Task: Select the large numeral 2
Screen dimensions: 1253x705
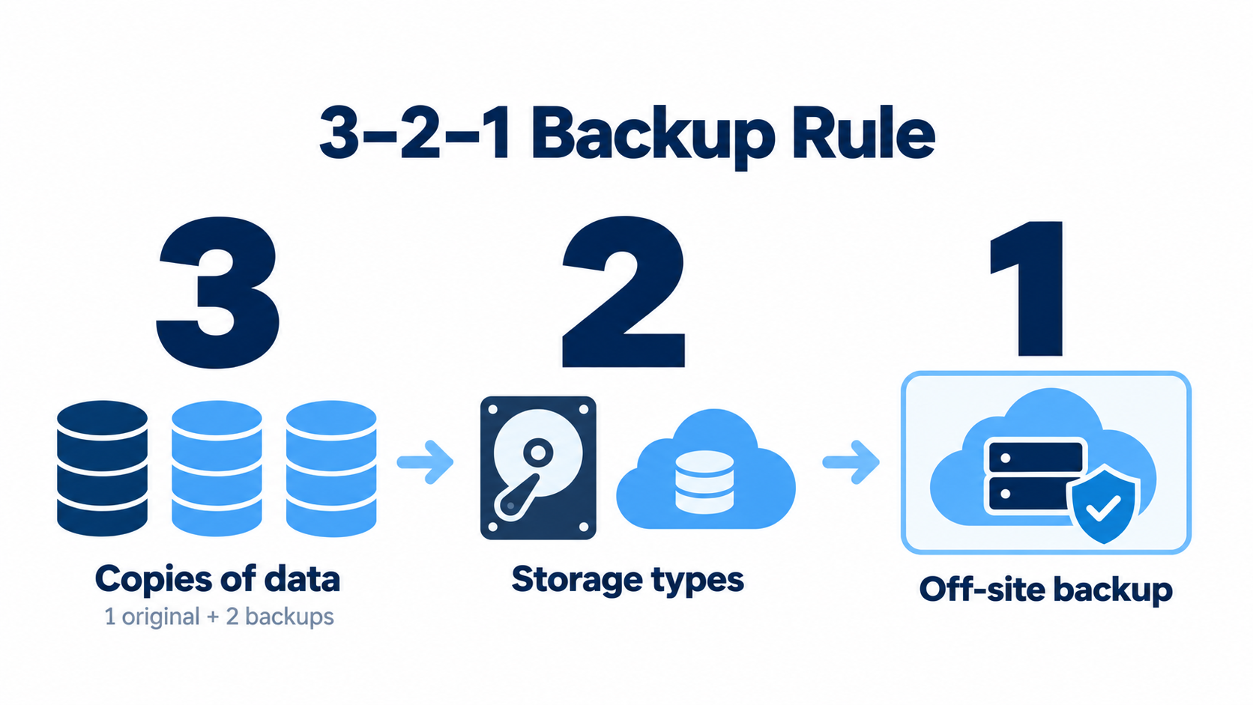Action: [624, 291]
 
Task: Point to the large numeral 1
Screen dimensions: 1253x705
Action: [1027, 288]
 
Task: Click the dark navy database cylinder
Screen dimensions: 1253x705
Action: [103, 468]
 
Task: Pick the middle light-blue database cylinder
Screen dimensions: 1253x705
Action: [217, 468]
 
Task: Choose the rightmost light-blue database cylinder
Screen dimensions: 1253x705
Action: [331, 468]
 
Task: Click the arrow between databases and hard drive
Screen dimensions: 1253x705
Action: [425, 462]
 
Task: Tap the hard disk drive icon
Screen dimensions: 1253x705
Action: [538, 468]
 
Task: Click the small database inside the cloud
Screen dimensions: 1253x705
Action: [704, 482]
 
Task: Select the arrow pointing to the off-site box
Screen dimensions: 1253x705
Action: [851, 462]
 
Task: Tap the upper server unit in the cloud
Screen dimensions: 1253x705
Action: [1036, 457]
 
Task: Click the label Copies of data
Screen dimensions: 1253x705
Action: [217, 580]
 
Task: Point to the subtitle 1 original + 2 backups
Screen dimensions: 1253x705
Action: [219, 617]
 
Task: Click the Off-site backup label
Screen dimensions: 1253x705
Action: [1045, 590]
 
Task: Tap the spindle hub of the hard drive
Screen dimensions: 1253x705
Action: [537, 452]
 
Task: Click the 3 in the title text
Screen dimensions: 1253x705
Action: [339, 133]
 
